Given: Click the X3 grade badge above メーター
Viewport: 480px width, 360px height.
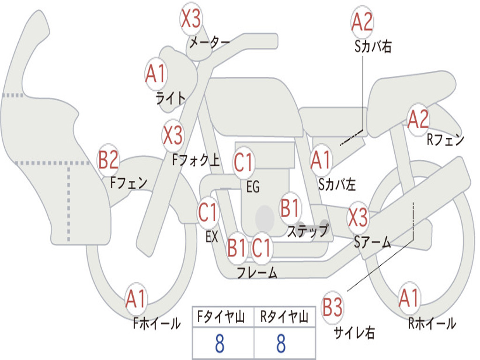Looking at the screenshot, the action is click(x=191, y=19).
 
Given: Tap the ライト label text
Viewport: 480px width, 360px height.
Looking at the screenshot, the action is click(x=171, y=98).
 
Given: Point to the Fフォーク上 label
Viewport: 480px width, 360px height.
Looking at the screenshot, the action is click(x=196, y=161).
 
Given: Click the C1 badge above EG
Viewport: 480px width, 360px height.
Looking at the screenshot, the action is click(x=244, y=163).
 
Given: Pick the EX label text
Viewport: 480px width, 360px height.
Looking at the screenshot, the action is click(x=212, y=237).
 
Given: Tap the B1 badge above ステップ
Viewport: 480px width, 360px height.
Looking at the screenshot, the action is click(x=290, y=208).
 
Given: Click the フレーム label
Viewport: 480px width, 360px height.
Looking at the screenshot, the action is click(x=257, y=272).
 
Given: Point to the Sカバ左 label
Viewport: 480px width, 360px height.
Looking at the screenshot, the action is click(x=337, y=185).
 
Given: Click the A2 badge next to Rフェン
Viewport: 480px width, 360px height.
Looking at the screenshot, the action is click(x=418, y=120).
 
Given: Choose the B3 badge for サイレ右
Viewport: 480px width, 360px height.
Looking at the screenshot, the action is click(x=332, y=308).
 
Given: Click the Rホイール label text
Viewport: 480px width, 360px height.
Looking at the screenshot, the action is click(x=432, y=323).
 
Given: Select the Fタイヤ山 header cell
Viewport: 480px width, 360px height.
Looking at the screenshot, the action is click(x=223, y=317).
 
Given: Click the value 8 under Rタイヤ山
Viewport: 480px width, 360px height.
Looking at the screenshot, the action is click(x=281, y=344).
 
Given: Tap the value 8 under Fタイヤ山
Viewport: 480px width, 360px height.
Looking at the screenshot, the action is click(x=219, y=344).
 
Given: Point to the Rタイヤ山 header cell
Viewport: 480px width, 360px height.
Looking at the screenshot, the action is click(x=284, y=317).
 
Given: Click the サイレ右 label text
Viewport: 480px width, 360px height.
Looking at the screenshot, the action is click(x=354, y=333).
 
